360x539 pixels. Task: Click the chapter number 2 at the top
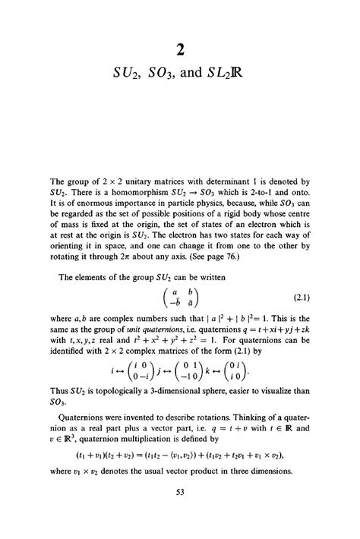tap(179, 50)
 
